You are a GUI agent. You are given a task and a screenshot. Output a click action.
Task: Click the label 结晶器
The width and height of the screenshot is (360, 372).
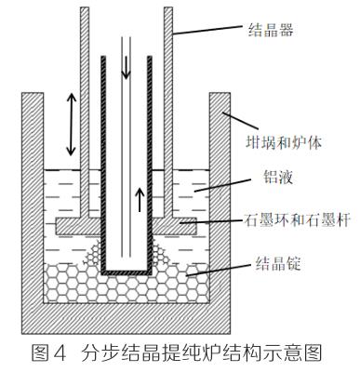(271, 31)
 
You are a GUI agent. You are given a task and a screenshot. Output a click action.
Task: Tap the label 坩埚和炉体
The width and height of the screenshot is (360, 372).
(284, 142)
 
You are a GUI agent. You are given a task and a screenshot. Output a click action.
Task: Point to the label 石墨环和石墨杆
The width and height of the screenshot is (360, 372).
(298, 220)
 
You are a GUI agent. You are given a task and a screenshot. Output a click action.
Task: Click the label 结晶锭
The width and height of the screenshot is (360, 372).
(277, 264)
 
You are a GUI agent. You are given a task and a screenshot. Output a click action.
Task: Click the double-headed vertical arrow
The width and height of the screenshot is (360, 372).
(72, 125)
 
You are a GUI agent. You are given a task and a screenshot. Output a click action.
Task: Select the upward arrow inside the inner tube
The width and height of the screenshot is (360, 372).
(140, 200)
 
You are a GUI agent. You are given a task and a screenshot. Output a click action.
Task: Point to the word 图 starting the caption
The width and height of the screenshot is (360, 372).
(40, 353)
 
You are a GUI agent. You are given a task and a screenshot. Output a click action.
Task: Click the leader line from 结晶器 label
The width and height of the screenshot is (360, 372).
(207, 30)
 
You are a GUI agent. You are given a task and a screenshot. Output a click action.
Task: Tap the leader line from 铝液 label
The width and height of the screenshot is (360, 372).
(222, 185)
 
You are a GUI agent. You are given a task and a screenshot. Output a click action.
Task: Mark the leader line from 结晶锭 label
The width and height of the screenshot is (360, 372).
(218, 270)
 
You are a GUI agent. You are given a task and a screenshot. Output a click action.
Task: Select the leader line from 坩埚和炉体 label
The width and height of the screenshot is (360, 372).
(240, 120)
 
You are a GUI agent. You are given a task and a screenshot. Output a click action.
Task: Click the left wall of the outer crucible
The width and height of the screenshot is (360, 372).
(33, 203)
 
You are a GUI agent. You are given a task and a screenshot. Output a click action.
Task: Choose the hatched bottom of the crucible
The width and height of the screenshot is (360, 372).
(126, 319)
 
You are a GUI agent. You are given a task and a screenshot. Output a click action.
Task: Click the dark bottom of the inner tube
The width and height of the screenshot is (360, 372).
(127, 272)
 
